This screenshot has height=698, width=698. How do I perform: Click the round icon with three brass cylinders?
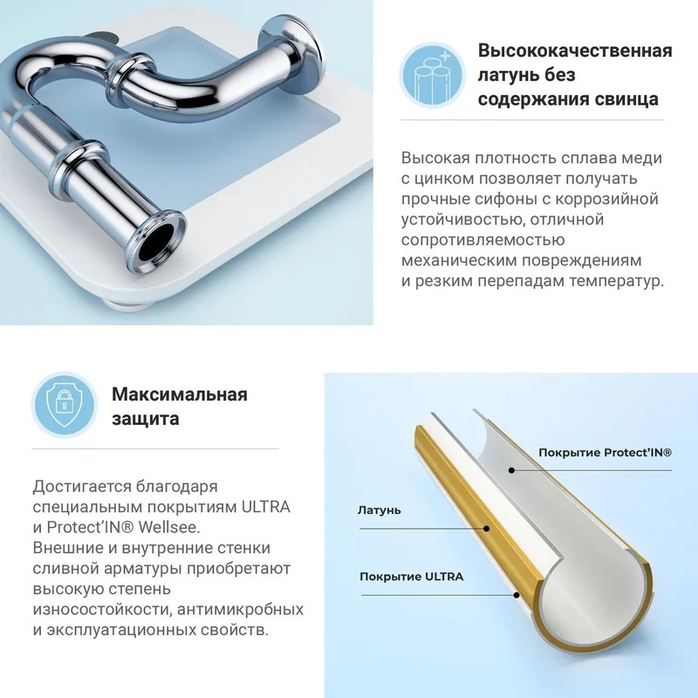432,75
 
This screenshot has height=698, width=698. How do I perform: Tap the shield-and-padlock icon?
65,405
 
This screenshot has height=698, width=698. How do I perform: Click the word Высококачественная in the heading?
575,51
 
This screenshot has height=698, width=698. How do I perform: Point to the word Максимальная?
180,394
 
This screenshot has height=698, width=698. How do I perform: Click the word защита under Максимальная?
145,419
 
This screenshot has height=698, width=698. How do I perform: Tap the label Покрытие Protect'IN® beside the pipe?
605,453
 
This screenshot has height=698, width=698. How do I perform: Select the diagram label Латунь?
380,510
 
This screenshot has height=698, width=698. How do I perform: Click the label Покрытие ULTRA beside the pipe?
411,577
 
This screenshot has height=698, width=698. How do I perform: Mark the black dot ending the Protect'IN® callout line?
512,470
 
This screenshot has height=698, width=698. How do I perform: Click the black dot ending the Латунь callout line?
487,529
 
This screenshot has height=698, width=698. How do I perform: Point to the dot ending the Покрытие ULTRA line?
517,595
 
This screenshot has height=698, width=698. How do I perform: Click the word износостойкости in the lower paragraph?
101,609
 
